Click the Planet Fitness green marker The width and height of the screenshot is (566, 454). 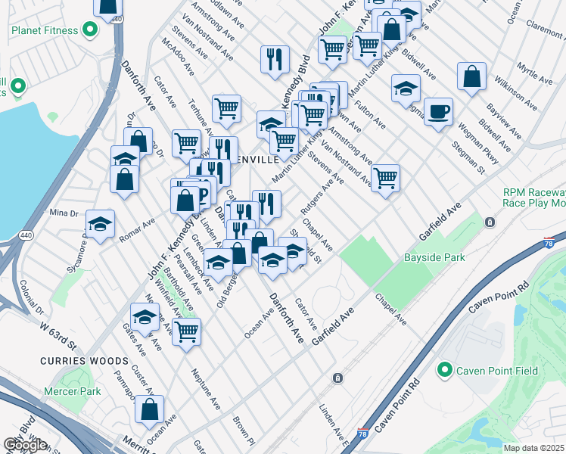pos(90,31)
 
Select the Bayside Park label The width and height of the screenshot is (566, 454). pos(434,258)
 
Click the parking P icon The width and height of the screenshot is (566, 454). pos(202,195)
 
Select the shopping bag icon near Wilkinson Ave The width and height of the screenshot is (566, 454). pos(471,76)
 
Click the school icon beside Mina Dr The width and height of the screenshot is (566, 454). pos(100,224)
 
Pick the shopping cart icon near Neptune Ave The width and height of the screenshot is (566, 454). pos(186,331)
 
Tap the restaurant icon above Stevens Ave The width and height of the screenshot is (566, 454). pos(275,58)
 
